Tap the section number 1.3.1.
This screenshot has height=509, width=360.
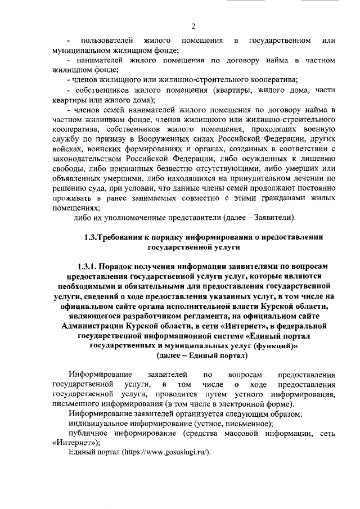(x=89, y=264)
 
